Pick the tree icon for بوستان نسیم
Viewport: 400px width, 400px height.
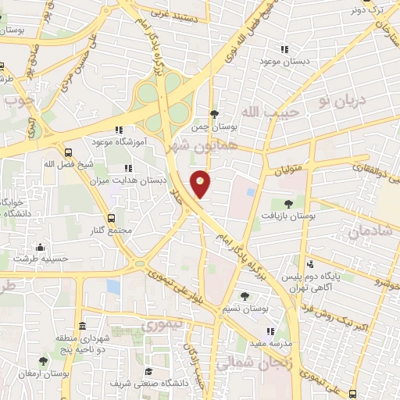point(245,296)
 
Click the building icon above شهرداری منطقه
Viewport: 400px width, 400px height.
point(82,325)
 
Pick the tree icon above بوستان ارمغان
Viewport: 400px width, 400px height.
point(43,360)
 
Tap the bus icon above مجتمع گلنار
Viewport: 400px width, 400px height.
point(110,218)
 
